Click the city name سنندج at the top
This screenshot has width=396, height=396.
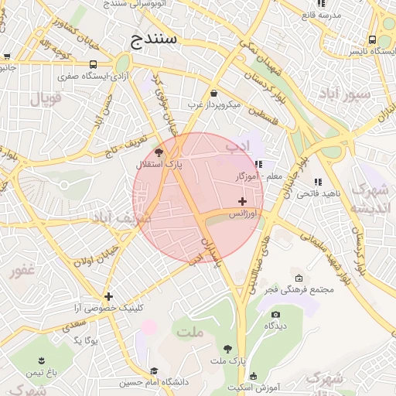click(x=155, y=37)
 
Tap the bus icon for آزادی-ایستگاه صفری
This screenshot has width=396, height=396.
click(x=94, y=65)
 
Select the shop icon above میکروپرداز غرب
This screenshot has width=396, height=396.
click(x=213, y=93)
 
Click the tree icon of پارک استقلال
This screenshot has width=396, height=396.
click(x=159, y=152)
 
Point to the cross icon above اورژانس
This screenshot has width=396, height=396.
click(x=243, y=201)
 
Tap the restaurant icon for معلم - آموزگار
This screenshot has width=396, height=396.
click(x=258, y=164)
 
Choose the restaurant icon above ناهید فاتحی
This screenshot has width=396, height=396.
click(x=317, y=182)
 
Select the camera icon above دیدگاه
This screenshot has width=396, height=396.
click(x=275, y=314)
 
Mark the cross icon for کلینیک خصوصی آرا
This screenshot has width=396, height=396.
click(x=108, y=296)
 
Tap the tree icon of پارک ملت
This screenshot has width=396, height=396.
click(x=227, y=349)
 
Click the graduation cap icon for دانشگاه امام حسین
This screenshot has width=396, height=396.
click(x=154, y=371)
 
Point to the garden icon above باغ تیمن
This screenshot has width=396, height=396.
click(x=41, y=361)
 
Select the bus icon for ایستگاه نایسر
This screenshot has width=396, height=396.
click(x=373, y=39)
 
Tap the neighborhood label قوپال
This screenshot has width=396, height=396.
click(x=45, y=98)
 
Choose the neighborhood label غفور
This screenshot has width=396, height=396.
click(x=22, y=270)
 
